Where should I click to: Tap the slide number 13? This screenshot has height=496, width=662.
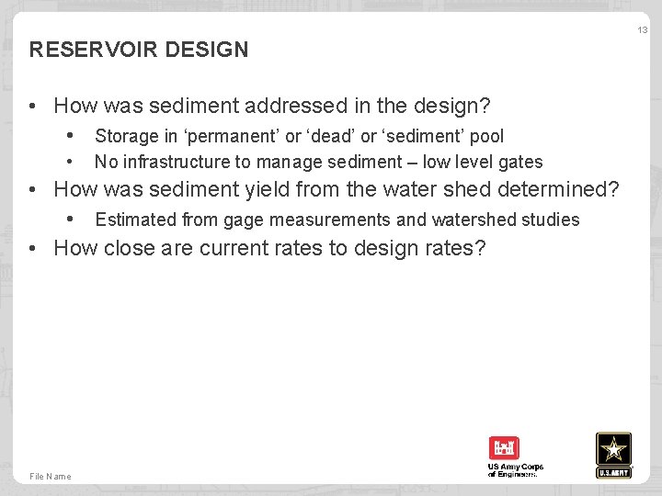[x=642, y=30]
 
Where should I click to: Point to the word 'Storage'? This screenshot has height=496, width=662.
[x=127, y=136]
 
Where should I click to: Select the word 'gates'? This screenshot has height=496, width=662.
[x=520, y=163]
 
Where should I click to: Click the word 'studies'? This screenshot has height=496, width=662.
[x=551, y=220]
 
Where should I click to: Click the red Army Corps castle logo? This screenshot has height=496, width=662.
[x=504, y=448]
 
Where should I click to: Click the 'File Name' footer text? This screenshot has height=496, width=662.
[x=51, y=476]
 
